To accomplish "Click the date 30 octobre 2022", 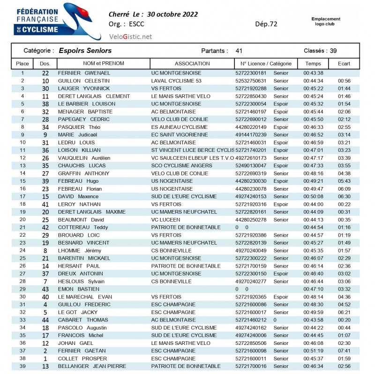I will [172, 14].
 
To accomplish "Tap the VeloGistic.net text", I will [130, 36].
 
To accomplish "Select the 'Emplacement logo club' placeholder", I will [326, 22].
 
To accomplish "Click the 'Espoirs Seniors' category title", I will [85, 51].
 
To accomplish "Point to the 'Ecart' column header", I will [344, 64].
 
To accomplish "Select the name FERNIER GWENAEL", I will [84, 73].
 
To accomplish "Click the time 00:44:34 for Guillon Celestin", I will [313, 81].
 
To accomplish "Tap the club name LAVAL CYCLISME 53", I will [176, 81].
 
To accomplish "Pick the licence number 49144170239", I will [250, 135].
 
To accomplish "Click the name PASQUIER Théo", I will [79, 127].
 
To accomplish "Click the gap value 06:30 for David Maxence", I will [344, 197].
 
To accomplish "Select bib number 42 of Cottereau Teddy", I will [45, 227].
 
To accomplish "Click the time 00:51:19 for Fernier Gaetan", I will [313, 351].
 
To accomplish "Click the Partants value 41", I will [239, 51].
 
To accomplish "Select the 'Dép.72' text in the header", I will [266, 24].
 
